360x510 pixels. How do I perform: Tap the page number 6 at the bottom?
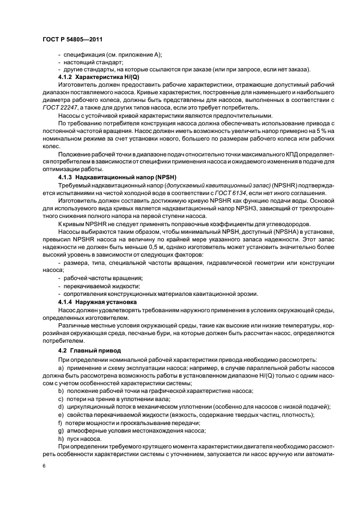click(44, 466)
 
